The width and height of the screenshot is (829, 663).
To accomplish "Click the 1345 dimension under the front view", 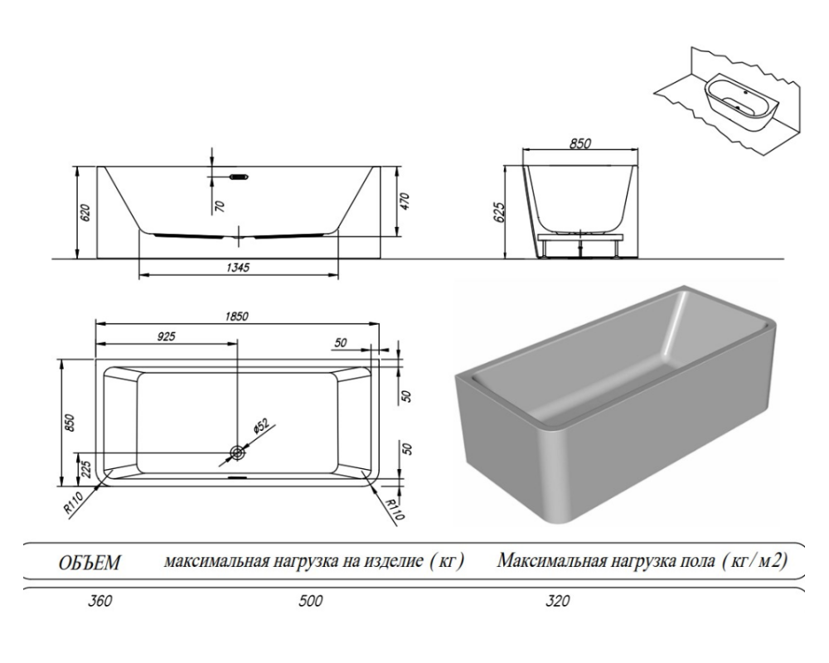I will (x=238, y=267).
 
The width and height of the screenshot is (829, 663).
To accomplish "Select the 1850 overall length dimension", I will (x=239, y=317).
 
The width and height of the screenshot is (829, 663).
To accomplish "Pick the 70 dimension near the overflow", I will (x=221, y=206).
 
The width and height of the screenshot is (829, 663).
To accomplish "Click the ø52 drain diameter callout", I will (x=260, y=426).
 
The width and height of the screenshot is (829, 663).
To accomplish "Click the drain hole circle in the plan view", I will (x=238, y=452).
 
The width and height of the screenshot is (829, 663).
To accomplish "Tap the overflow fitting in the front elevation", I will (x=238, y=176).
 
